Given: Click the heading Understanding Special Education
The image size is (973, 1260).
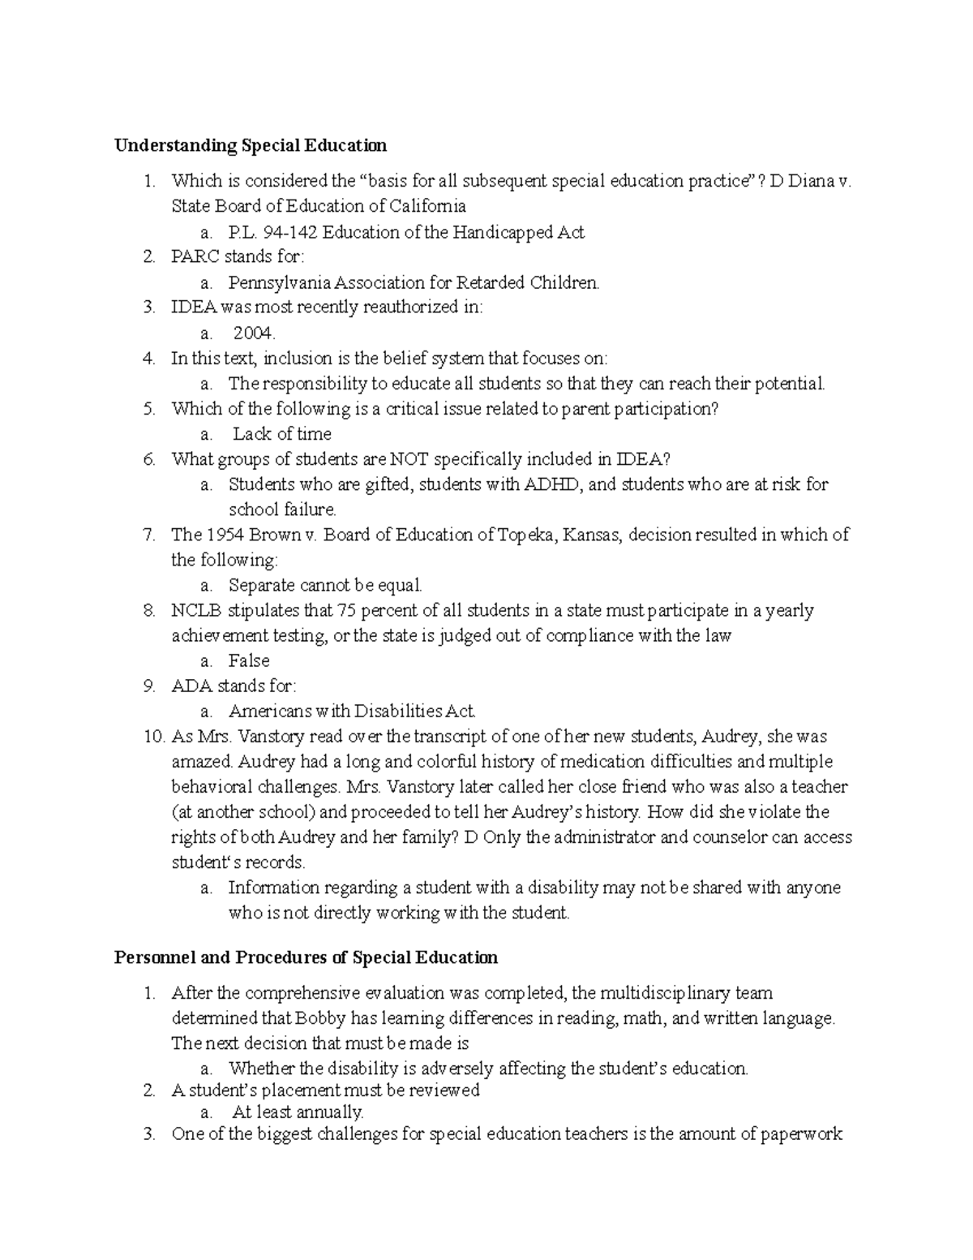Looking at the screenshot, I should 251,146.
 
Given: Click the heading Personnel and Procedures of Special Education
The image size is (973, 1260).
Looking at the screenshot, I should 306,957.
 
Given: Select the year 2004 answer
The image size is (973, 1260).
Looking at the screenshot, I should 255,333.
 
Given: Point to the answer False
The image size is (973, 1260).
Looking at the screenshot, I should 249,660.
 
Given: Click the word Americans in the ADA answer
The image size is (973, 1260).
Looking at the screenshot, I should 269,712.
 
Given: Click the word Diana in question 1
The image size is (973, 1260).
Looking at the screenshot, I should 812,181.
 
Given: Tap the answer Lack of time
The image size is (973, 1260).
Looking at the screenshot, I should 281,434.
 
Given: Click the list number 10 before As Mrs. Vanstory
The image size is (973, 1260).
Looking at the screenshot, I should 153,738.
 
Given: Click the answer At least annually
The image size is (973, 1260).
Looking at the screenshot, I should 298,1112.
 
